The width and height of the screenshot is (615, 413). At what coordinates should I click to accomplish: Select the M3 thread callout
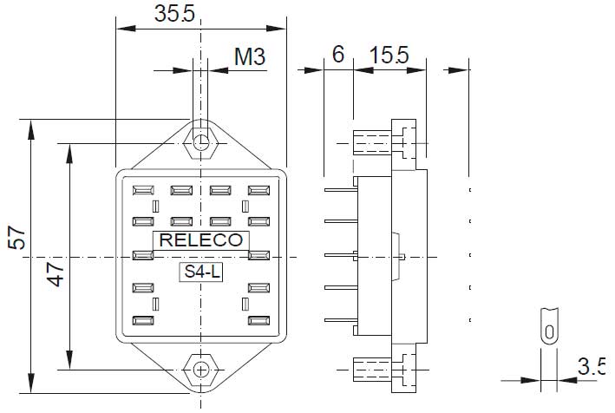249,58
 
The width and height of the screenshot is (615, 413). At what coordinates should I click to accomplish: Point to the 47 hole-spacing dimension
55,278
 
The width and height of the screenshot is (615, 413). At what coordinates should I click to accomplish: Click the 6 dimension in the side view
338,55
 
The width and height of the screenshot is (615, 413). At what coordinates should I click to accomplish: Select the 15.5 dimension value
389,55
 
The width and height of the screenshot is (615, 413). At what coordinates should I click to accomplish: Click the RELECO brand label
201,240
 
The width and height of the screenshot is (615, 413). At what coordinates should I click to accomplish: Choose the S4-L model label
201,272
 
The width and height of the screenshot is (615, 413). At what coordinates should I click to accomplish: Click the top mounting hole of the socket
201,142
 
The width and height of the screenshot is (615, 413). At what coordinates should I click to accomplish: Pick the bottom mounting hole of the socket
201,369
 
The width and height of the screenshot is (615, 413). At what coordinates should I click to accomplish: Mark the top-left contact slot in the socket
141,189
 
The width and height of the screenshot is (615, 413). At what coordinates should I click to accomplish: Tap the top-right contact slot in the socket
258,189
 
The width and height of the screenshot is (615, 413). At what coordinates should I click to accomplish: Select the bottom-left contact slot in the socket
141,320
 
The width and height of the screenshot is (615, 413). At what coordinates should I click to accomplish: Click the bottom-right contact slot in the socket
258,320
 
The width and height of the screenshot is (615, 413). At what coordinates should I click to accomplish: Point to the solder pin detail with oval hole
547,327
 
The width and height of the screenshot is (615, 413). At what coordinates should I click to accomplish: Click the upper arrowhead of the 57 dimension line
31,129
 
